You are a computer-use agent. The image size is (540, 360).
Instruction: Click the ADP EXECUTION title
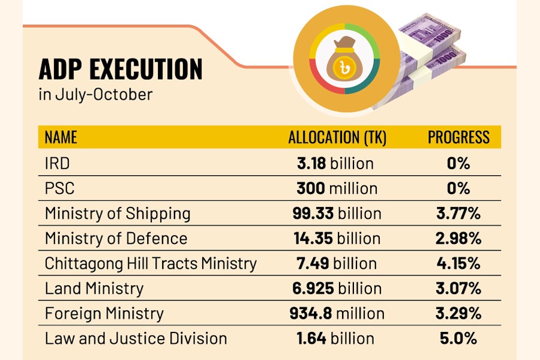click(121, 70)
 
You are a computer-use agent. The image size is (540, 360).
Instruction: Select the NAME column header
click(61, 137)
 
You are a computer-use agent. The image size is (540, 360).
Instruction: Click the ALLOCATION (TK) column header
click(337, 137)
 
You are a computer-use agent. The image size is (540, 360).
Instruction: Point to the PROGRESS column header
click(458, 137)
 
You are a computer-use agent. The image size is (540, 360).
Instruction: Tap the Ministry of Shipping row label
click(118, 214)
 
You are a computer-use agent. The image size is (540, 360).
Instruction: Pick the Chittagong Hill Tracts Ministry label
click(151, 263)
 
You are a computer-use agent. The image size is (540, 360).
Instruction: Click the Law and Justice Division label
click(136, 338)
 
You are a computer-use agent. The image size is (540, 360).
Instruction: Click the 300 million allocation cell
click(337, 188)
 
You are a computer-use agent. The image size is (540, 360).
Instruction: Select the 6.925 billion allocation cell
click(338, 289)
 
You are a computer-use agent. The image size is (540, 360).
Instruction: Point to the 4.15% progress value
click(458, 263)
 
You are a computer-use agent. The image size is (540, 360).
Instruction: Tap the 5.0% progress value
click(458, 338)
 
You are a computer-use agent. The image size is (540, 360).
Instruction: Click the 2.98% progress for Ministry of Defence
click(458, 238)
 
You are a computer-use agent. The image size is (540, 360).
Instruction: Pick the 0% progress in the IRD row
click(458, 163)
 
